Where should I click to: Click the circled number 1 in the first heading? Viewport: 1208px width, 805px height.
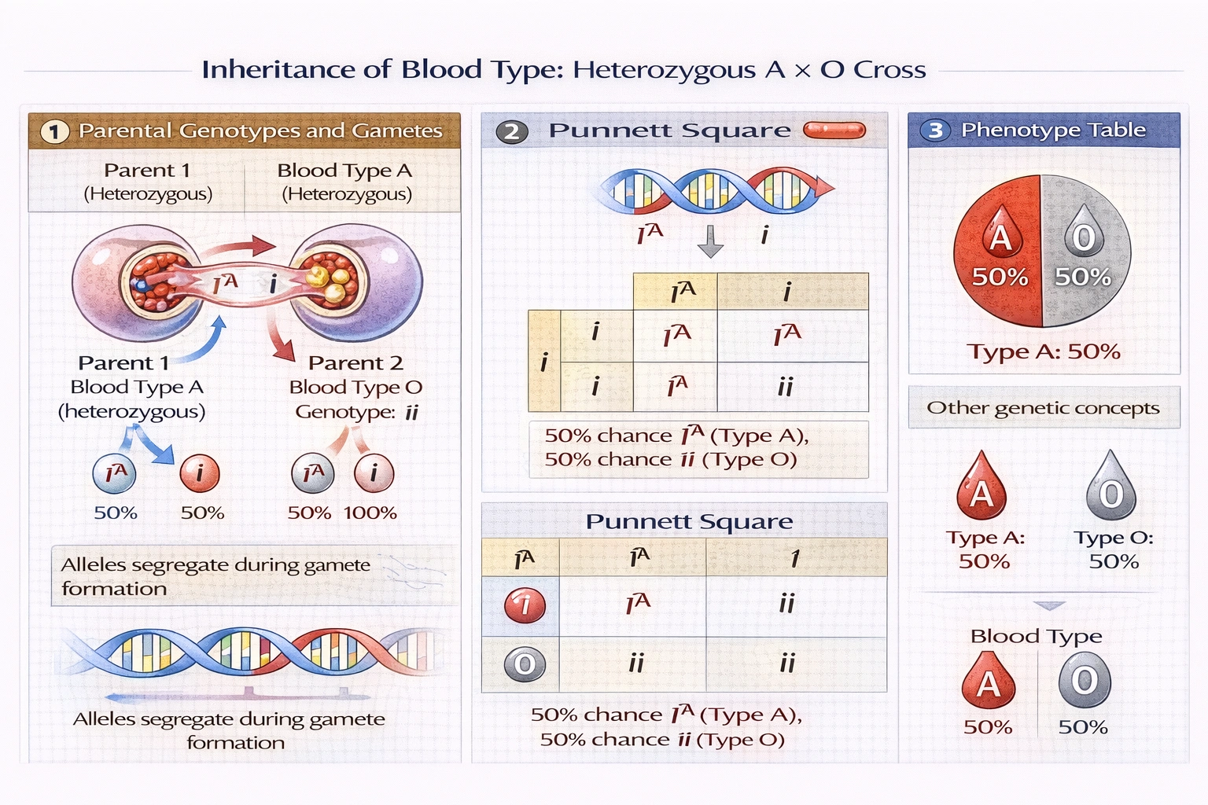click(x=55, y=131)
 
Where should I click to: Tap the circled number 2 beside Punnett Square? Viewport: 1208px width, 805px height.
click(x=511, y=131)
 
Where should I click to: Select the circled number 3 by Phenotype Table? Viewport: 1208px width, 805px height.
click(x=935, y=130)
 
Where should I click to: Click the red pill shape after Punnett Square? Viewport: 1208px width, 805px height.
click(x=834, y=130)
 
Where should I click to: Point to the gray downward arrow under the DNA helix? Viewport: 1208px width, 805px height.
click(x=710, y=241)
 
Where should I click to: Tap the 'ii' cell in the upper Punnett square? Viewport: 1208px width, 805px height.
click(x=785, y=387)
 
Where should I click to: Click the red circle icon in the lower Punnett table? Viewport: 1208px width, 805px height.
click(x=525, y=605)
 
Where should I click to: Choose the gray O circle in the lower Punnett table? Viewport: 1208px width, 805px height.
click(x=525, y=665)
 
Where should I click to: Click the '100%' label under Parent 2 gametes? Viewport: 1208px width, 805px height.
click(x=370, y=513)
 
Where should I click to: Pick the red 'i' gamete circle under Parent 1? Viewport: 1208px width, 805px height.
click(x=200, y=473)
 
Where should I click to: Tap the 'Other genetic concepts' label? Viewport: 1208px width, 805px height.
click(x=1043, y=407)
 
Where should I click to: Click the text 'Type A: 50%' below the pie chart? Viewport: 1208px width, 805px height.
click(x=1043, y=351)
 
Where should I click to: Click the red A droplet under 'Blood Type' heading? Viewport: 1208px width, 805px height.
click(x=989, y=681)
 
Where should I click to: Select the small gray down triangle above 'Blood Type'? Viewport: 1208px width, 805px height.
click(x=1049, y=606)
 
